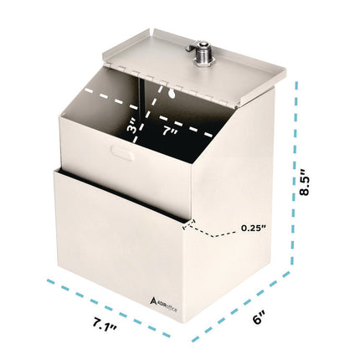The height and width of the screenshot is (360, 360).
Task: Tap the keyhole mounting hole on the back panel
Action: coord(166,91)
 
